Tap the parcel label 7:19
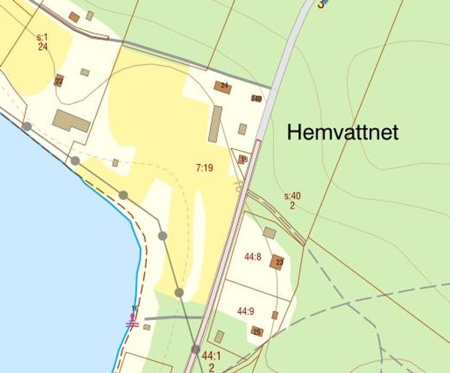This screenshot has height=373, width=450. pos(204,168)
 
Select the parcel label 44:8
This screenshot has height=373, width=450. pos(252,257)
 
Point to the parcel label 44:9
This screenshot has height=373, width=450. pos(245,311)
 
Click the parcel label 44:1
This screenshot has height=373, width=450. pos(211,356)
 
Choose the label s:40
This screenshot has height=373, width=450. pos(292,197)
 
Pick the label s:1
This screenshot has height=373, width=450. pos(43,37)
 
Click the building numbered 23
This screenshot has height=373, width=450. pos(277,262)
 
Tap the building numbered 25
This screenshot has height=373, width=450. pos(257,331)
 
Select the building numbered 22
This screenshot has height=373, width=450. pos(59,81)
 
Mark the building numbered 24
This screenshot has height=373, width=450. pos(222,87)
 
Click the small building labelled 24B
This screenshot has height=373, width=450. pos(256,99)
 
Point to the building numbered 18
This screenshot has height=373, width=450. pos(242,160)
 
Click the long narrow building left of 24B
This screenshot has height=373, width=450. pos(215,124)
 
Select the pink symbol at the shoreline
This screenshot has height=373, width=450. pos(132,322)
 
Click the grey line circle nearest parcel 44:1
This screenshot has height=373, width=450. pos(196,349)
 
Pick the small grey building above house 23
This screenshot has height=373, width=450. pos(269,233)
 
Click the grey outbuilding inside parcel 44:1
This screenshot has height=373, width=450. pos(219,337)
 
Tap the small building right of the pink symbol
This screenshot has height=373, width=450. pos(147,327)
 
